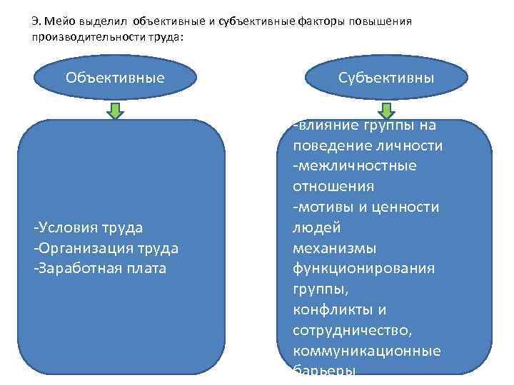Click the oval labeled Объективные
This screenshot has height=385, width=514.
pyautogui.click(x=115, y=78)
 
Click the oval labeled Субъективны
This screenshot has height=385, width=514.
pyautogui.click(x=386, y=78)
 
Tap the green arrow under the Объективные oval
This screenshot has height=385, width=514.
pyautogui.click(x=115, y=111)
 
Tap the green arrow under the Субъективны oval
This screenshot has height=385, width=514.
pyautogui.click(x=386, y=111)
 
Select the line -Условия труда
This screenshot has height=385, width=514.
pyautogui.click(x=88, y=227)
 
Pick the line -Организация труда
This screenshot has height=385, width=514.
pyautogui.click(x=106, y=248)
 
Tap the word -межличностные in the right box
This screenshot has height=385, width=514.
pyautogui.click(x=355, y=166)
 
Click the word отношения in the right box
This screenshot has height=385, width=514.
pyautogui.click(x=333, y=187)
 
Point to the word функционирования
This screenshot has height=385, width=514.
pyautogui.click(x=363, y=269)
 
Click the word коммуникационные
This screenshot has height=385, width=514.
pyautogui.click(x=366, y=351)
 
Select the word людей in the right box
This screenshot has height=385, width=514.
pyautogui.click(x=317, y=228)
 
